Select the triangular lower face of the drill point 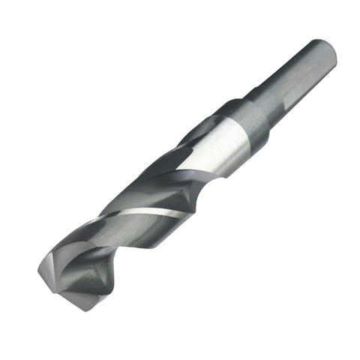86,289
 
